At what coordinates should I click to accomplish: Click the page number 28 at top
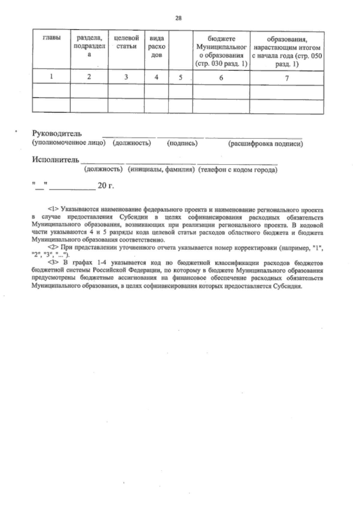[178, 18]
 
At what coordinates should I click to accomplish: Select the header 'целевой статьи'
[126, 42]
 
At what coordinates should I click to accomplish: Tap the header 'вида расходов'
[156, 46]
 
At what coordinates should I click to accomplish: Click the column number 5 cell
[180, 77]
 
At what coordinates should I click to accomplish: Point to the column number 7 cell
[287, 78]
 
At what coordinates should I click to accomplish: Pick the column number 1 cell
[52, 76]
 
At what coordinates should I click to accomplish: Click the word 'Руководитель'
[57, 133]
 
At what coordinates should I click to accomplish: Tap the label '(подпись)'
[182, 143]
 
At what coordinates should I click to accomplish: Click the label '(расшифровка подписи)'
[265, 144]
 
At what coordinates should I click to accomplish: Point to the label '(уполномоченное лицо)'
[69, 143]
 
